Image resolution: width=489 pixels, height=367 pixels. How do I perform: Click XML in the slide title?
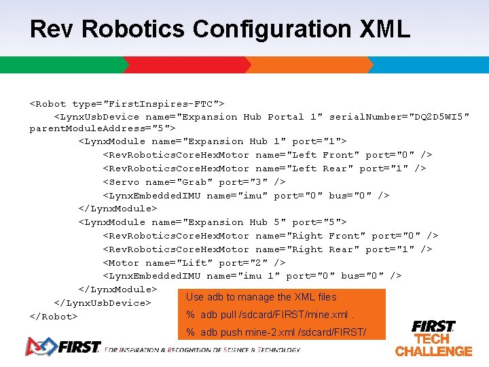[385, 29]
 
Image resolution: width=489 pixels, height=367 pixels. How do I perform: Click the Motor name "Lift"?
[193, 263]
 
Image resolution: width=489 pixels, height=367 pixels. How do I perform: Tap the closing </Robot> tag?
[54, 317]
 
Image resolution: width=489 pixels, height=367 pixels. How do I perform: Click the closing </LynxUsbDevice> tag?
[102, 303]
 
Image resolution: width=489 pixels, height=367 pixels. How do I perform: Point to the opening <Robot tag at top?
[48, 104]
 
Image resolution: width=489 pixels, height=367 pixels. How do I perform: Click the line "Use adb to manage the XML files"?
[261, 297]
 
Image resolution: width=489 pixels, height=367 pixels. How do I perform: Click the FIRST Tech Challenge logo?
[433, 338]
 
